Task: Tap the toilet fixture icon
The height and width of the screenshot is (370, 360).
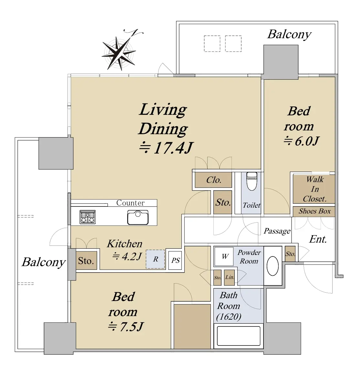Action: coord(252,181)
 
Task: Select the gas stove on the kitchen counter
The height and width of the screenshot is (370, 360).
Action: coord(87,217)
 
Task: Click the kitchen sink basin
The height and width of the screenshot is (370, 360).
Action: coord(138,217)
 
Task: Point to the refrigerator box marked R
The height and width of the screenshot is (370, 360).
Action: coord(155,259)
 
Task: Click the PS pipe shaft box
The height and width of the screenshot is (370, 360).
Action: coord(175,260)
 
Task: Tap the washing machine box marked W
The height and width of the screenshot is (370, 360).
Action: coord(224,256)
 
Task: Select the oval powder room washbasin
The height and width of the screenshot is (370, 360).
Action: coord(273,266)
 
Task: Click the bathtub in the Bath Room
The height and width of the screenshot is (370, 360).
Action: coord(238,336)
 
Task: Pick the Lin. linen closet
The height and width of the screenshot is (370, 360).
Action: coord(229,277)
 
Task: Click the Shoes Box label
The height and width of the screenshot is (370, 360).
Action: coord(314,211)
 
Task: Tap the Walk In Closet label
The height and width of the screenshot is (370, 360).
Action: coord(315,189)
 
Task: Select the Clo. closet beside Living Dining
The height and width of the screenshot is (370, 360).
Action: coord(213,180)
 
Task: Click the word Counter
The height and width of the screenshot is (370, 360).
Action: coord(130,203)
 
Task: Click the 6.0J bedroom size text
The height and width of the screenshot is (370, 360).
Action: coord(302,141)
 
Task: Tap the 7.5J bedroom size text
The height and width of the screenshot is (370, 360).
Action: coord(126,327)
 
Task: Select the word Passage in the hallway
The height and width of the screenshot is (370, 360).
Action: coord(277,231)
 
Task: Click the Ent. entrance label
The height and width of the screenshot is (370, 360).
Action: coord(318,239)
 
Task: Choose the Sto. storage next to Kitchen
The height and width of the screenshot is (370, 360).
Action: coord(86,261)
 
